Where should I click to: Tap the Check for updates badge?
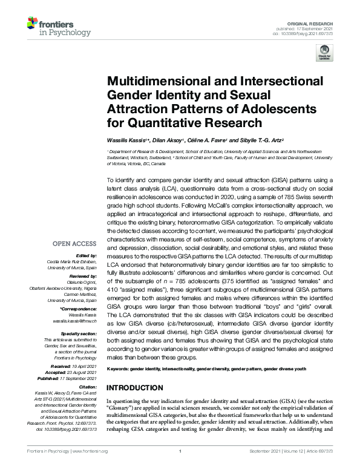326,53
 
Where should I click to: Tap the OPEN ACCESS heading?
73,244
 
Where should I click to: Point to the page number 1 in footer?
180,468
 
